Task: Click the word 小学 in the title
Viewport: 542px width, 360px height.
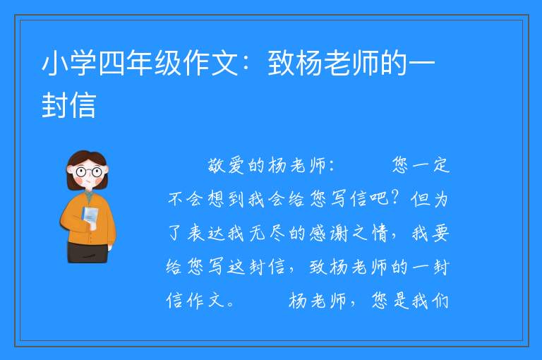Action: click(68, 63)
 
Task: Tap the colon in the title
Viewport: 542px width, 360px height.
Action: click(246, 64)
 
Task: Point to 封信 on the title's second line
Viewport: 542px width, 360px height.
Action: click(68, 104)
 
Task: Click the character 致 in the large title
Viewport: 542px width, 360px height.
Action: click(281, 63)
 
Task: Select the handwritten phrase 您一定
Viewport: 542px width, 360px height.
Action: click(421, 165)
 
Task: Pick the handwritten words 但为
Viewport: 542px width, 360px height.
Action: click(429, 199)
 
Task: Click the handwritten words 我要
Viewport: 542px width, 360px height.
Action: click(430, 233)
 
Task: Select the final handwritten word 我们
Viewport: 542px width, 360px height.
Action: click(430, 300)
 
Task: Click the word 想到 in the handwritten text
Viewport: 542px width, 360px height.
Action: click(226, 199)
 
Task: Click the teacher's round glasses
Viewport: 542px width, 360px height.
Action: click(88, 172)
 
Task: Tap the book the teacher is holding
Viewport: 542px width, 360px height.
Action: click(90, 216)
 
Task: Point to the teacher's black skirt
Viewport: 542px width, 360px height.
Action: click(88, 253)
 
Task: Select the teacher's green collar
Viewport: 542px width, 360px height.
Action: click(89, 197)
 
